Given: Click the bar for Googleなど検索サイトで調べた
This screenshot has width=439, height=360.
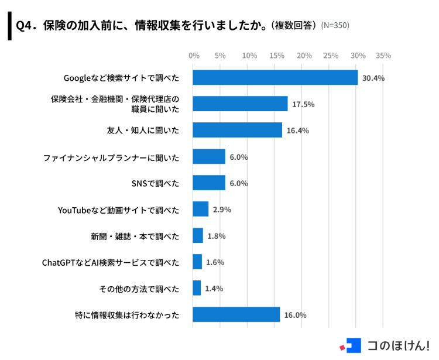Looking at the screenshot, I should tap(275, 78).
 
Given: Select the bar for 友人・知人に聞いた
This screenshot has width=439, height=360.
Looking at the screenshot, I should tap(237, 130).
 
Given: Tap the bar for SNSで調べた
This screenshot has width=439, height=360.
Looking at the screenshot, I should tap(209, 183).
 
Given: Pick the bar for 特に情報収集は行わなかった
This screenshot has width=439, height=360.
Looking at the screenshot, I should tap(236, 314).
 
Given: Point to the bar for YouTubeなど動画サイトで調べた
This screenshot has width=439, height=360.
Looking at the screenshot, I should tap(201, 209).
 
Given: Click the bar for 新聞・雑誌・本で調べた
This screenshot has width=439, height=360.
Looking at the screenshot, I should tap(198, 235).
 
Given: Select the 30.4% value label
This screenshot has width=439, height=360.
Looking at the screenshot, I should tap(373, 78).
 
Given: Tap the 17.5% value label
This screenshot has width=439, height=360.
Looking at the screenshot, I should tap(303, 104).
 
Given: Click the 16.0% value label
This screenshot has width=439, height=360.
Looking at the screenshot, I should tap(295, 314).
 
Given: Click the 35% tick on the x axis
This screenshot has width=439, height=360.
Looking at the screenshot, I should tap(383, 56).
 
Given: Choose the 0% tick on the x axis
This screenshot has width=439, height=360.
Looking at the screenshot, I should tap(193, 56).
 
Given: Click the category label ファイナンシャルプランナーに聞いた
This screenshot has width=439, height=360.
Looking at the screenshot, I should tap(111, 157).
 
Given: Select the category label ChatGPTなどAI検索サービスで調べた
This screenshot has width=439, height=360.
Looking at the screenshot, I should tap(111, 262).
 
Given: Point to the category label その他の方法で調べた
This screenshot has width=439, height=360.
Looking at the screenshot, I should tap(140, 288).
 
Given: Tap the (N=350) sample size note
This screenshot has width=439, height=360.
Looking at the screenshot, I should tap(335, 26).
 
